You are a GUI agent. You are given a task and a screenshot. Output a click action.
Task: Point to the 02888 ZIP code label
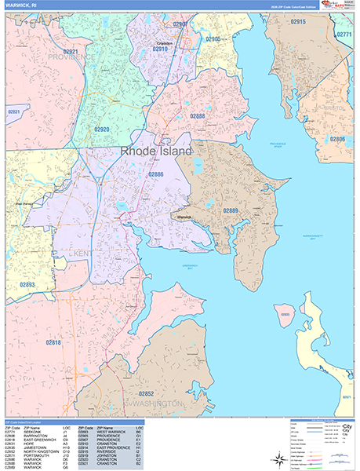click(197, 116)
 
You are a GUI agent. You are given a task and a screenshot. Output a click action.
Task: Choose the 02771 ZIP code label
click(344, 35)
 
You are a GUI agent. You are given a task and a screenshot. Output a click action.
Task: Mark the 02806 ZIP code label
click(337, 139)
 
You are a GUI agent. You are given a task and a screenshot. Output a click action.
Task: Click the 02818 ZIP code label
click(53, 341)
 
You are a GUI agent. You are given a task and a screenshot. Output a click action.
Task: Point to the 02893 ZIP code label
click(27, 284)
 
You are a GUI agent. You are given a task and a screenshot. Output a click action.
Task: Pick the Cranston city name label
click(164, 43)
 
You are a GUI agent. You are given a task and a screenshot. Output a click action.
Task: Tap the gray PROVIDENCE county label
click(75, 57)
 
